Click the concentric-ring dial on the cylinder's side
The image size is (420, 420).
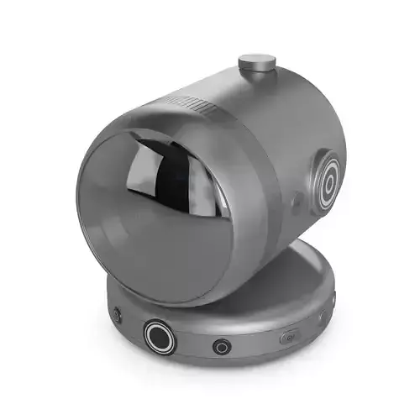pyautogui.click(x=328, y=177)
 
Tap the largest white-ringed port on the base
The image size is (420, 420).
pyautogui.click(x=160, y=335)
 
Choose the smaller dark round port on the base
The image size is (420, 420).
pyautogui.click(x=222, y=346)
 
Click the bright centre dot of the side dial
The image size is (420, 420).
pyautogui.click(x=328, y=177)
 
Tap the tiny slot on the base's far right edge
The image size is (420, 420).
pyautogui.click(x=333, y=298)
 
